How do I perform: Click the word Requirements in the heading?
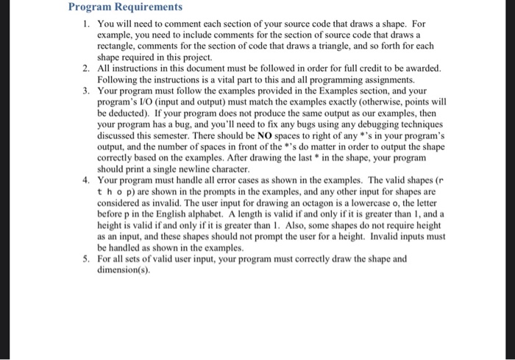pyautogui.click(x=146, y=7)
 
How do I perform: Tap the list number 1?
pyautogui.click(x=86, y=24)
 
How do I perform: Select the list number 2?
pyautogui.click(x=86, y=68)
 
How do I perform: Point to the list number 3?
pyautogui.click(x=86, y=91)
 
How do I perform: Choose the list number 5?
pyautogui.click(x=86, y=258)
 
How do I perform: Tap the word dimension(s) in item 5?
pyautogui.click(x=123, y=269)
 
